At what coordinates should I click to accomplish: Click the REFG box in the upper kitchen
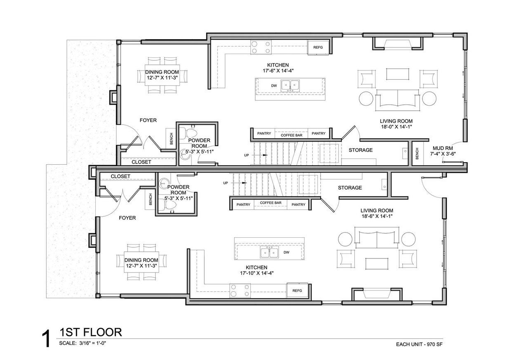(x=318, y=47)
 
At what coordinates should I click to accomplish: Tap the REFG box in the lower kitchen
(x=297, y=291)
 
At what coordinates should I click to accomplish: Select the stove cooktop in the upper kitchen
(x=261, y=47)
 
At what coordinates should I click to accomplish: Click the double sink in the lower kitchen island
(x=269, y=252)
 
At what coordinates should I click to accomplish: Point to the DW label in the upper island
(x=274, y=86)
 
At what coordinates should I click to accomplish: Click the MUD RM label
(x=443, y=148)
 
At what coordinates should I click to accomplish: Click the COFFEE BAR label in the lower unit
(x=271, y=203)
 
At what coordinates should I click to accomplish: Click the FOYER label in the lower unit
(x=127, y=218)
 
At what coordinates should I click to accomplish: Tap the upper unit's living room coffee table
(x=397, y=74)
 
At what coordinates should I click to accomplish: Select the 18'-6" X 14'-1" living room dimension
(x=377, y=216)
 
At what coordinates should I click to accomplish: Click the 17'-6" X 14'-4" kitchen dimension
(x=278, y=71)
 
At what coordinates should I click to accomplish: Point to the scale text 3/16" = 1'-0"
(x=92, y=343)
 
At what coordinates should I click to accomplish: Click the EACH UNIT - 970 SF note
(x=420, y=344)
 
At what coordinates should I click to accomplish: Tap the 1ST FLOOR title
(x=91, y=332)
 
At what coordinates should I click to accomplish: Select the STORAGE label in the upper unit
(x=361, y=150)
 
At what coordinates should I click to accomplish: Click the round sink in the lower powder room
(x=163, y=182)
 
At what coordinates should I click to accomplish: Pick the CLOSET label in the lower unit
(x=120, y=176)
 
